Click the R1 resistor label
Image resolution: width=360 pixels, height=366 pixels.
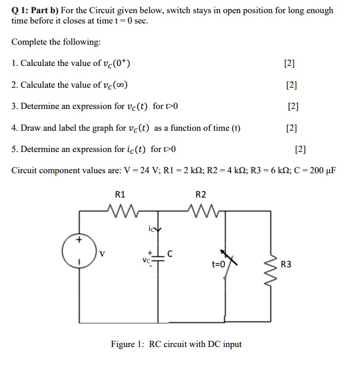pos(120,194)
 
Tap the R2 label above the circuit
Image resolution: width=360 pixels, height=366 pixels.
pos(201,194)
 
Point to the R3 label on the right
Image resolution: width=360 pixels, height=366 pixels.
pos(286,264)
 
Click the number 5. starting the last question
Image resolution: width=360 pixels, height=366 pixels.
pos(15,149)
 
